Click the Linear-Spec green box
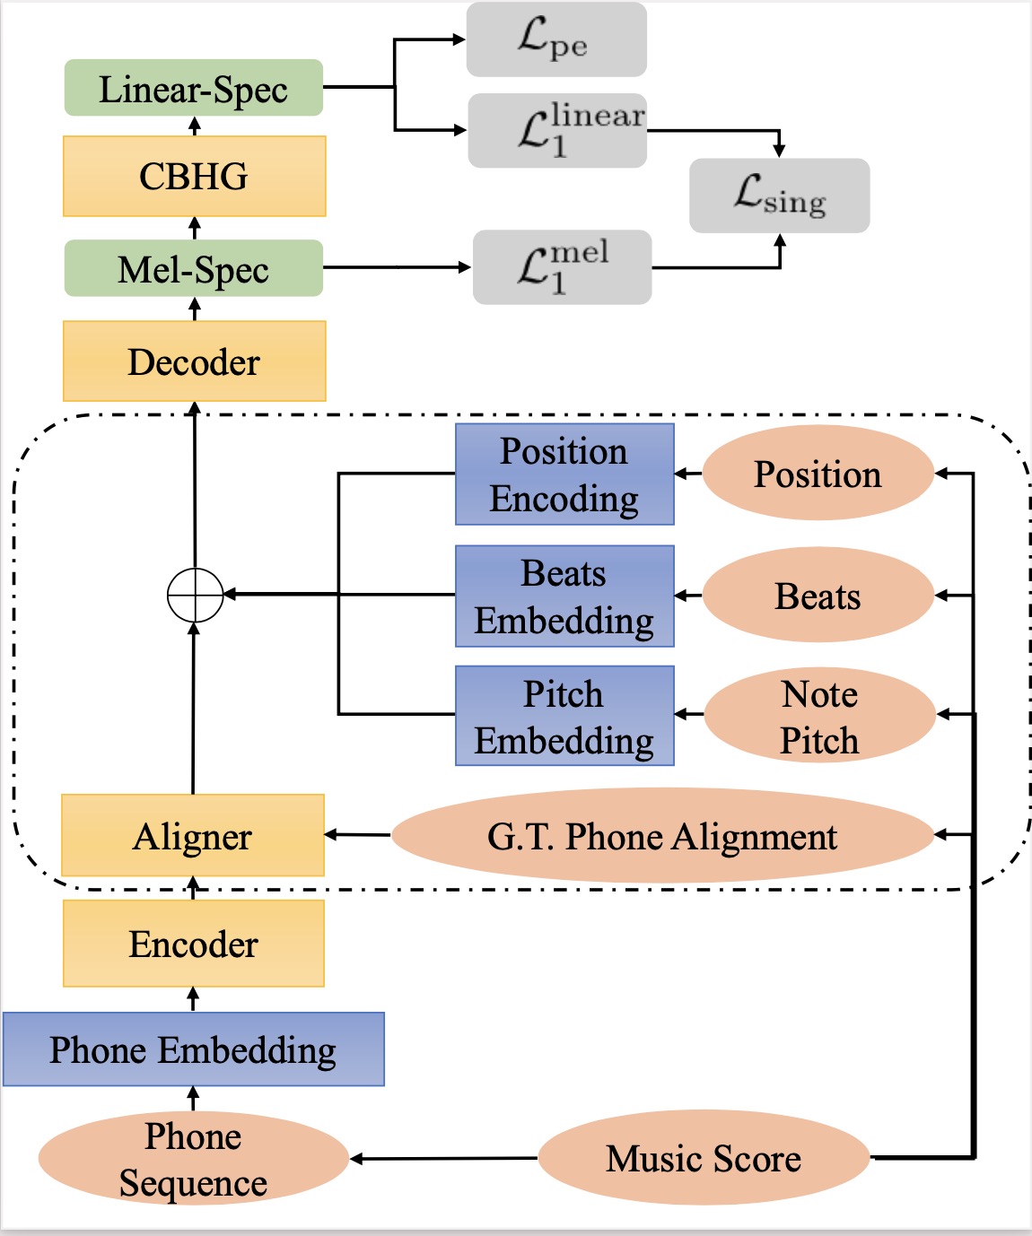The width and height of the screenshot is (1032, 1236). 193,88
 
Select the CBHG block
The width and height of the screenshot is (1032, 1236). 194,176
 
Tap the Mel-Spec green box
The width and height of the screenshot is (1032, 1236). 193,268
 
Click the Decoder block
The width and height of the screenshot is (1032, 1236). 194,361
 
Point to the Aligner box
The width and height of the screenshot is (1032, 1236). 193,835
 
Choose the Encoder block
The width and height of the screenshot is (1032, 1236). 193,944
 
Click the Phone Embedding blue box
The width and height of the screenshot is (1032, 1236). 193,1049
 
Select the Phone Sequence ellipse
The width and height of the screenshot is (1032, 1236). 193,1159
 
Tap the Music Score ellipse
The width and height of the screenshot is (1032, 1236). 704,1158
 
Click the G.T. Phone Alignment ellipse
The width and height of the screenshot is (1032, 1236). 662,836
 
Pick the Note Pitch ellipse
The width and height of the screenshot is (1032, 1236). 819,716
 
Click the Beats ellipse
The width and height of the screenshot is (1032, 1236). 818,596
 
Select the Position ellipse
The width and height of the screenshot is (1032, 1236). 818,474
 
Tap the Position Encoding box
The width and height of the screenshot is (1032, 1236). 564,474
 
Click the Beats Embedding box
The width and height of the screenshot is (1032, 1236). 564,596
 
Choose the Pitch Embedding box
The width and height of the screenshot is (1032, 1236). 564,716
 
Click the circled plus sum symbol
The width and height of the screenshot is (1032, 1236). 195,595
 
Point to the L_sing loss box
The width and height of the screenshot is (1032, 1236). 779,196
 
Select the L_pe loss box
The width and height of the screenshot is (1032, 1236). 555,39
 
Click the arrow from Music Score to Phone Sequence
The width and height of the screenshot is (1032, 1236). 444,1159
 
